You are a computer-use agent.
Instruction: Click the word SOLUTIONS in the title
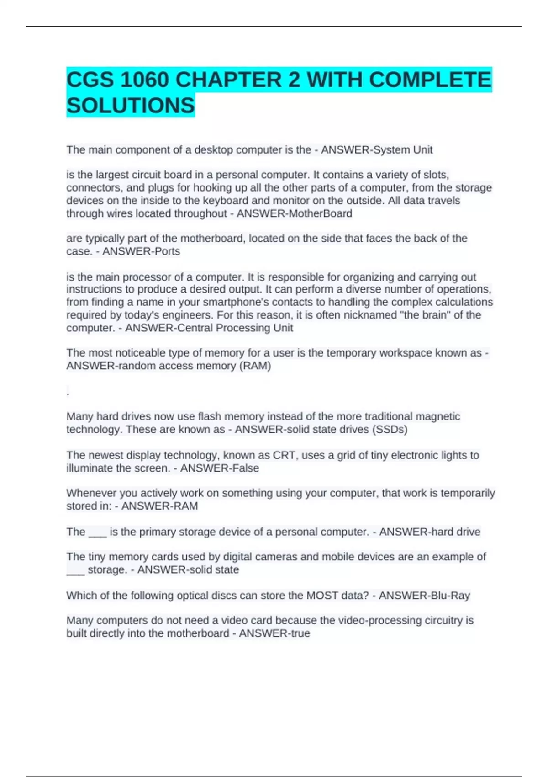coord(131,106)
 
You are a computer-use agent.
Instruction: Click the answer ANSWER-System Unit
coord(377,150)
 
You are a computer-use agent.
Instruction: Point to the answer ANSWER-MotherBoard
coord(295,213)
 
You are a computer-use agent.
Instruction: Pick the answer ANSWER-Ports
coord(141,251)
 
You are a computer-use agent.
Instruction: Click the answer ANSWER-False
coord(220,468)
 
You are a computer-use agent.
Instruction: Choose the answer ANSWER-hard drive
coord(430,532)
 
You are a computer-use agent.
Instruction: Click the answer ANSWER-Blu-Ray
coord(424,596)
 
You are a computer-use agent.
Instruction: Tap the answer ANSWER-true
coord(274,633)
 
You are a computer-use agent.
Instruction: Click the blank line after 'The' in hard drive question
coord(97,534)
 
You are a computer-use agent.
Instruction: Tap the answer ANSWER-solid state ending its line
coord(188,569)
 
